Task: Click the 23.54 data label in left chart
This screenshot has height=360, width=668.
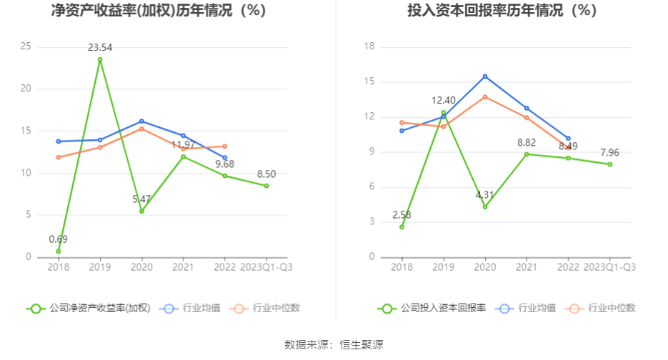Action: (x=100, y=48)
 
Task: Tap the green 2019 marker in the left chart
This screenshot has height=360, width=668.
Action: (x=100, y=59)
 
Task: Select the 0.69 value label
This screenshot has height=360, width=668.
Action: (x=58, y=239)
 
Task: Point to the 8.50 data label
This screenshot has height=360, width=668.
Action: (x=266, y=174)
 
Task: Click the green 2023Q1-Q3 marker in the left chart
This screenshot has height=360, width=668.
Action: (x=266, y=186)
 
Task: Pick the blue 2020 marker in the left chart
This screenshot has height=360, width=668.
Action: (x=141, y=121)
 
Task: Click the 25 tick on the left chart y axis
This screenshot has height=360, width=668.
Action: (x=26, y=47)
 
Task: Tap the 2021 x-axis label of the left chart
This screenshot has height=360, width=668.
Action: (x=183, y=267)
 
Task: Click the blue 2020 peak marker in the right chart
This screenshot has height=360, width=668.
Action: (x=485, y=76)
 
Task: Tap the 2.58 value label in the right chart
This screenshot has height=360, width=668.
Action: (x=402, y=214)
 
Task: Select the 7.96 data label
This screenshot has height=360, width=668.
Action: (x=609, y=152)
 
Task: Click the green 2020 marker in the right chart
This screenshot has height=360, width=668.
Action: (x=485, y=207)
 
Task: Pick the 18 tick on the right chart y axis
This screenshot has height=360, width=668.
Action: (x=369, y=47)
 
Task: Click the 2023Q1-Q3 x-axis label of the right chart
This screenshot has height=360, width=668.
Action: (x=609, y=267)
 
